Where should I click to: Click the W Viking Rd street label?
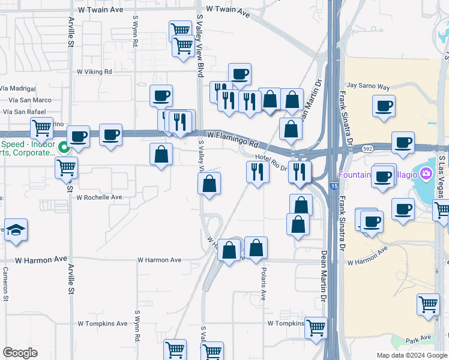(95, 71)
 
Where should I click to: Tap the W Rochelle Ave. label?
(100, 197)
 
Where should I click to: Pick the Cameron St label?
(5, 283)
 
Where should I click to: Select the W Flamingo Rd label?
(232, 140)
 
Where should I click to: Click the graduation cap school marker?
(16, 230)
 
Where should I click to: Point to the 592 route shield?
(367, 148)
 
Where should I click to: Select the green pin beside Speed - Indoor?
(64, 145)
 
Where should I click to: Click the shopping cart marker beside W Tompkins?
(316, 328)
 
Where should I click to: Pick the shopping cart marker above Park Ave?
(429, 304)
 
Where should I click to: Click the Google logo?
(20, 353)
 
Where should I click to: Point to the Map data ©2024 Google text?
(412, 355)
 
